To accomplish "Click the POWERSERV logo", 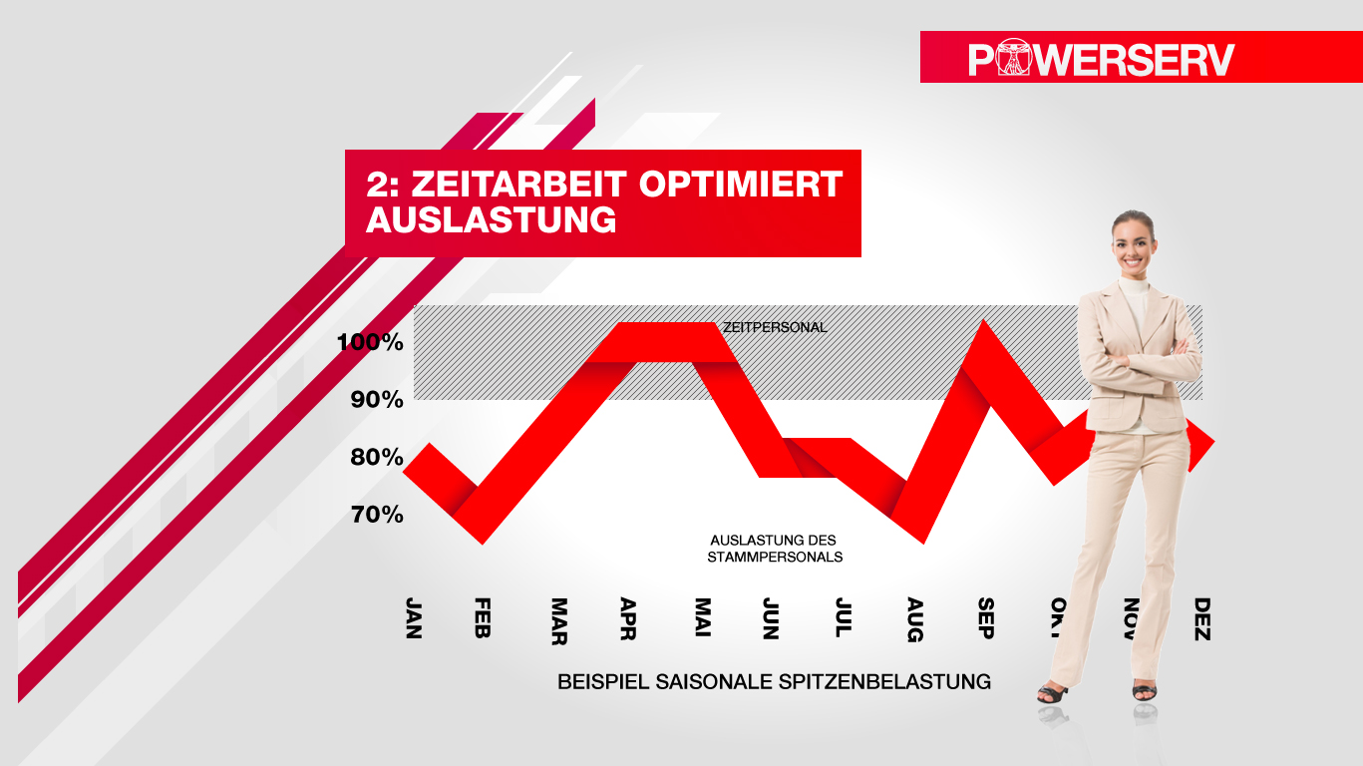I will coord(1101,59).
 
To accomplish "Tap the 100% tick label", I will coord(370,343).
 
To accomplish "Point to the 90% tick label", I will coord(376,400).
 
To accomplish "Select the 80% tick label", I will coord(376,458).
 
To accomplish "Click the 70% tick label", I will coord(376,515).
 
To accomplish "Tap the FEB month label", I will coord(483,618).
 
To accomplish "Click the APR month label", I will coord(628,618).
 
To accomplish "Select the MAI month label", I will coord(703,618).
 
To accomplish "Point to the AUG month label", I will coord(915,618).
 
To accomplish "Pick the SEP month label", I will coord(986,618).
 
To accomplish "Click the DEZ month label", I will coord(1202,618).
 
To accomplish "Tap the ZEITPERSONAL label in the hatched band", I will coord(775,327).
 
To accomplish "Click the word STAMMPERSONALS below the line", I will coord(775,557).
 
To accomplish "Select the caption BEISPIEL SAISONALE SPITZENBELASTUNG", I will coord(774,682).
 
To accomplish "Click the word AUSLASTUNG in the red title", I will coord(491,220).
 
